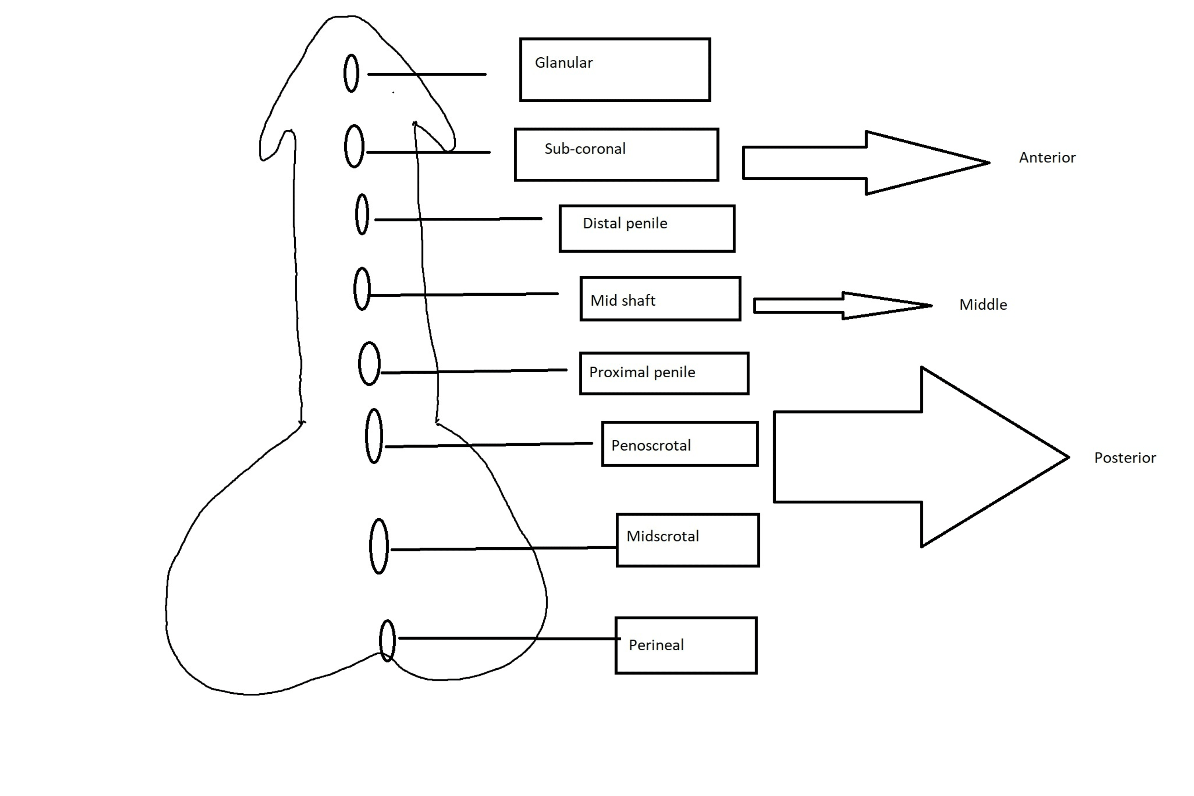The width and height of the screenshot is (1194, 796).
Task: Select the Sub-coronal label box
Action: click(x=616, y=154)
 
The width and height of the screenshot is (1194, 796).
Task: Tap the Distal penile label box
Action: click(x=647, y=228)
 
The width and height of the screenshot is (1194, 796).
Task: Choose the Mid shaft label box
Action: click(x=660, y=299)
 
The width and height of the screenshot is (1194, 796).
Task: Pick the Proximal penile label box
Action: click(x=664, y=373)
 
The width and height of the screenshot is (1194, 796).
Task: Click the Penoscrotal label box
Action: click(x=680, y=444)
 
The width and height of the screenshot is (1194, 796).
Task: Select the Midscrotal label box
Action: click(x=687, y=540)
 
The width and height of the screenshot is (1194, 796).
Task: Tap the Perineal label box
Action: click(x=686, y=645)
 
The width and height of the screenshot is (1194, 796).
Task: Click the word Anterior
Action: click(x=1047, y=158)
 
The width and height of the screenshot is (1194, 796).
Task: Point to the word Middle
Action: click(x=983, y=305)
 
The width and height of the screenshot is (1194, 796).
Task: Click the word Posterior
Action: click(x=1124, y=458)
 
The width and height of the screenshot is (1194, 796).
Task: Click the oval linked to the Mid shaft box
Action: click(x=362, y=289)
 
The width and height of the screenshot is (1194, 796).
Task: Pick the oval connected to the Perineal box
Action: click(x=387, y=641)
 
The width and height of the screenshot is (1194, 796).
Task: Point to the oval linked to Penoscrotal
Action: click(x=374, y=436)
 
